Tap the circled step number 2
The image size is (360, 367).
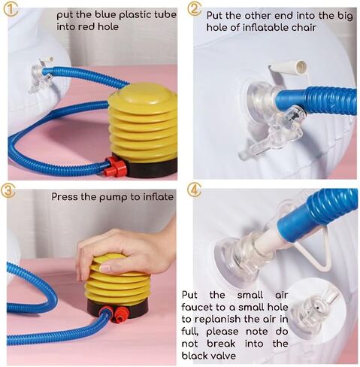(x=195, y=9)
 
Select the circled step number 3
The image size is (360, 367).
(x=8, y=191)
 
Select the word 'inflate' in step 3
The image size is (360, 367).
(x=158, y=196)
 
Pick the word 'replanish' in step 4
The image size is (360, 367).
(x=217, y=320)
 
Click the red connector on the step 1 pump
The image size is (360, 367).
(x=116, y=167)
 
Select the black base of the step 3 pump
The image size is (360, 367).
(x=118, y=308)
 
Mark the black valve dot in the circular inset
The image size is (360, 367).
(x=317, y=308)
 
